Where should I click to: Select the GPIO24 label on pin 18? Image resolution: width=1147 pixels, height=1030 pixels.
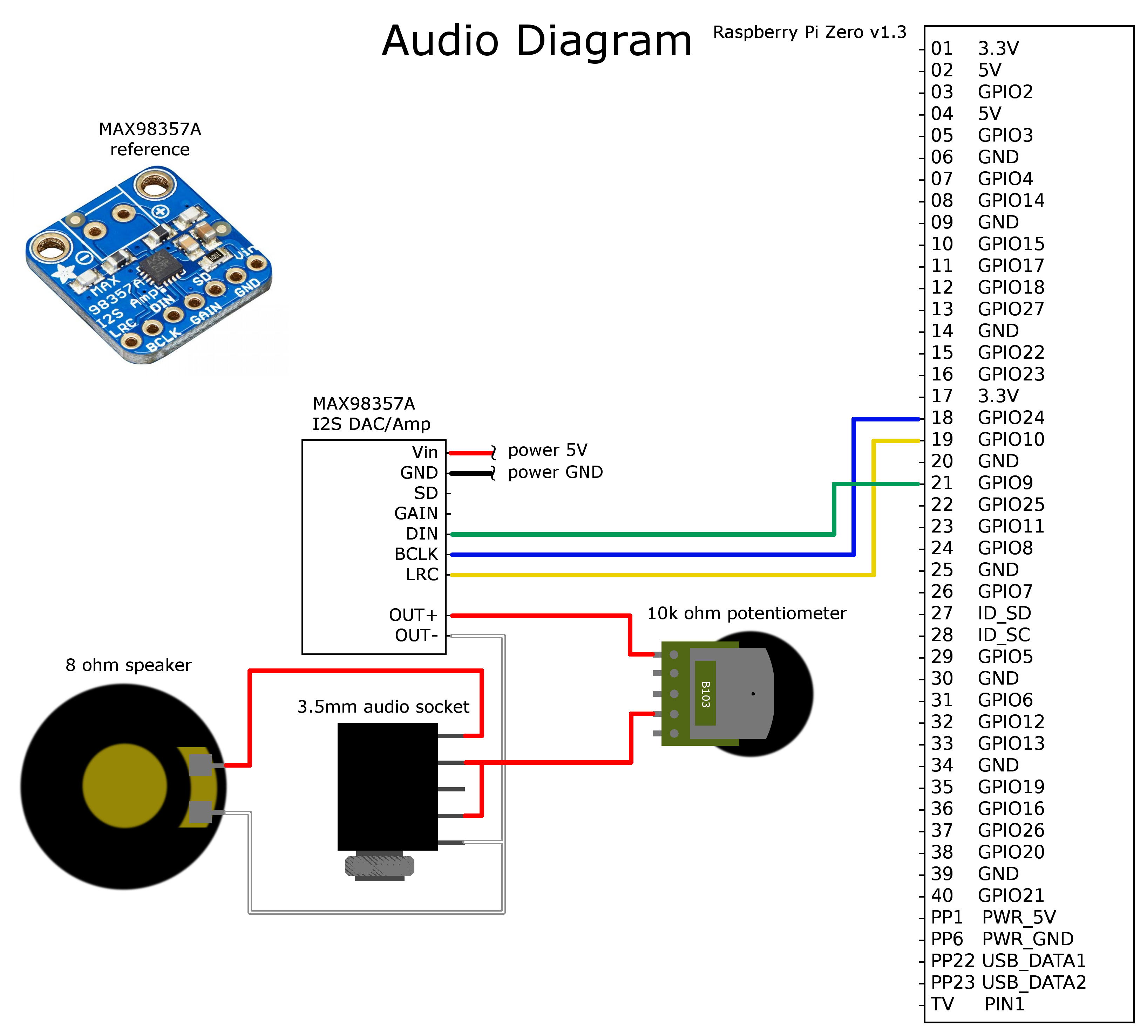click(x=1011, y=418)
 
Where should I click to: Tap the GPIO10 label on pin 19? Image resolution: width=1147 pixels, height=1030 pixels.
click(x=1011, y=439)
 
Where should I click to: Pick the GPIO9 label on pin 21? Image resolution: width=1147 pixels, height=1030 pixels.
click(x=1005, y=483)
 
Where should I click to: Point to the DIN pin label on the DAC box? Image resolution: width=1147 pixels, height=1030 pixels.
click(x=422, y=534)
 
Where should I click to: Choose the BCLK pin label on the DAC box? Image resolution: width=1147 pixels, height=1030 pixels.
click(x=416, y=554)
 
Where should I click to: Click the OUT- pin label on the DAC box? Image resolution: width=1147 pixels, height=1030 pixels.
click(x=416, y=636)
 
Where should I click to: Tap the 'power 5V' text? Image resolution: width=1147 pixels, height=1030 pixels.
click(x=548, y=451)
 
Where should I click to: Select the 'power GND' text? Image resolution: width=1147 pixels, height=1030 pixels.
click(x=555, y=472)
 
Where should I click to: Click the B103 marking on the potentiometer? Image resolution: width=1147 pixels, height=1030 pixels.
click(x=705, y=694)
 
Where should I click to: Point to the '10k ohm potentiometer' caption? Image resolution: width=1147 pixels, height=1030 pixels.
click(x=746, y=613)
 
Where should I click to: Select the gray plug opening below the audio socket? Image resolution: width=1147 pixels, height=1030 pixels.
click(x=379, y=866)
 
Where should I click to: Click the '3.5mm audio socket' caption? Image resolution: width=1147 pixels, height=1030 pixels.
click(x=383, y=707)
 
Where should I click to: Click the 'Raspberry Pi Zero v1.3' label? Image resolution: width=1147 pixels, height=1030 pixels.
click(x=809, y=32)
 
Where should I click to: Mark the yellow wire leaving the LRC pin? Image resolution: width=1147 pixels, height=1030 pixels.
click(x=651, y=575)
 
